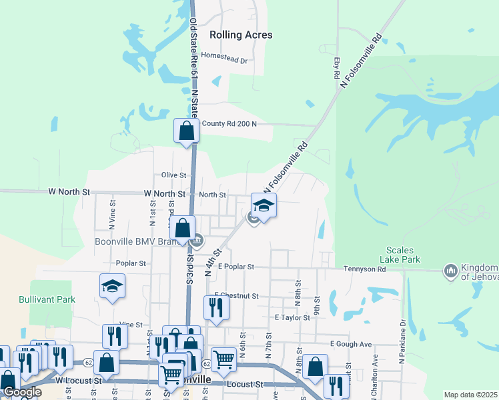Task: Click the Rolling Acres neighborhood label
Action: (x=241, y=35)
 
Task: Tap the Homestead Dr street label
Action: (x=224, y=60)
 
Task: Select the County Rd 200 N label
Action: (x=229, y=124)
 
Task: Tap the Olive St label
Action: (x=173, y=175)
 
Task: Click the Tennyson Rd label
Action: (x=365, y=269)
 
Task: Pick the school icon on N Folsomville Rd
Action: (x=264, y=205)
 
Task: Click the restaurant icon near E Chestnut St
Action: (x=216, y=307)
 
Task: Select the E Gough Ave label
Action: (x=350, y=344)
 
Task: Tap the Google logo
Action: (x=21, y=392)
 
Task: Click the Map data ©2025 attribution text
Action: (x=470, y=395)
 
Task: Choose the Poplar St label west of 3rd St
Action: (x=131, y=263)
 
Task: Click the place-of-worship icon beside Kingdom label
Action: (x=450, y=270)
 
